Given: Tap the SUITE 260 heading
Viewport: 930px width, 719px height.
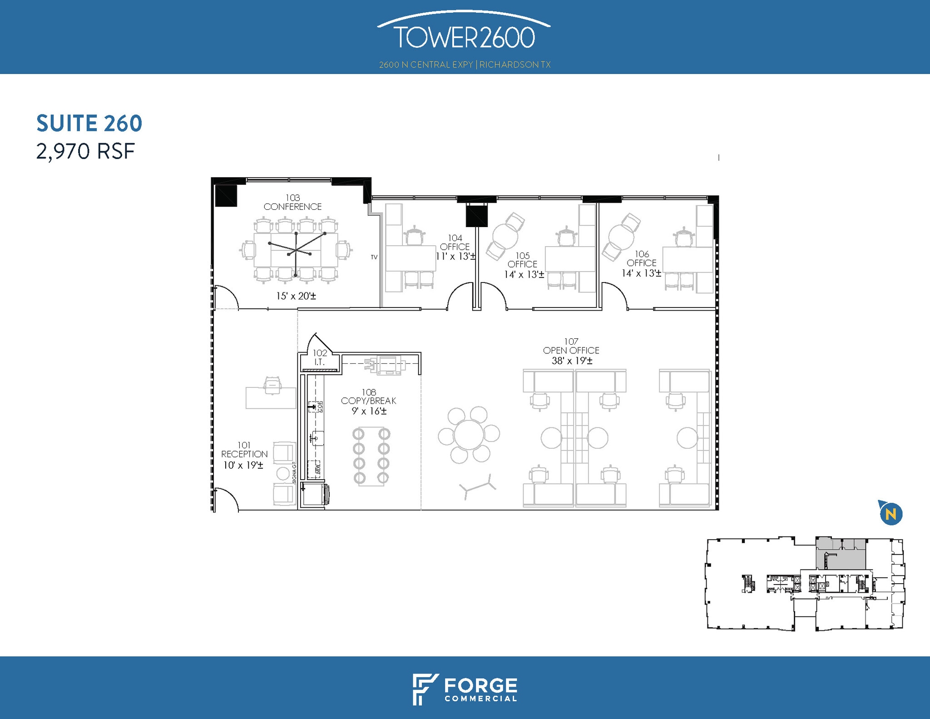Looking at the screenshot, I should click(89, 124).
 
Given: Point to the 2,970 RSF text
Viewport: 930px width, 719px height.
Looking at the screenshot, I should click(86, 152).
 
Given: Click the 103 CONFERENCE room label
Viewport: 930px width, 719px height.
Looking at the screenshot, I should click(292, 202).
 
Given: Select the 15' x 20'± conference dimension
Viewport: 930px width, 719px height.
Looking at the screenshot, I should click(296, 296).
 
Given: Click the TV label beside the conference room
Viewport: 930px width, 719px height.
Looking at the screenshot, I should click(374, 257).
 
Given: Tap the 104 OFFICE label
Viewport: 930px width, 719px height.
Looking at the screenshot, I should click(455, 243).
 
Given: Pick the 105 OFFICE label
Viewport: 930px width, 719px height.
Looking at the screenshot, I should click(522, 260).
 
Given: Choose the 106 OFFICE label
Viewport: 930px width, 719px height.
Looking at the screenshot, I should click(642, 258).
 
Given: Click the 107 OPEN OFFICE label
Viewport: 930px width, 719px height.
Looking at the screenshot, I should click(571, 346).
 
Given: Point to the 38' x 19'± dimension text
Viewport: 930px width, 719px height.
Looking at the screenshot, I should click(572, 361).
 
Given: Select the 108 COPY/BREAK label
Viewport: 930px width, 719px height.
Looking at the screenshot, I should click(369, 397).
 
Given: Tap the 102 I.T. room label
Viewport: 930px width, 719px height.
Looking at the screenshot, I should click(320, 357).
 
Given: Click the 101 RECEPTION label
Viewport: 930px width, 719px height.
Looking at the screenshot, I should click(244, 450).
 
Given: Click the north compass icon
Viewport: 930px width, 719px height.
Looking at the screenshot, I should click(890, 514).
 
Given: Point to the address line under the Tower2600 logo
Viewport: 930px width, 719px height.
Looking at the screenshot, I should click(465, 64).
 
